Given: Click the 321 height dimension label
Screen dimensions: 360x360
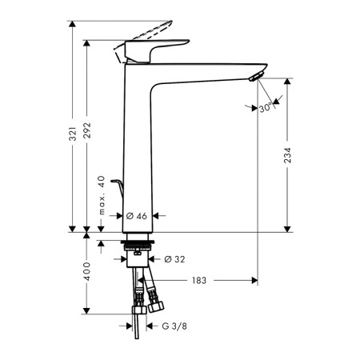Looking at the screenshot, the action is (73, 134).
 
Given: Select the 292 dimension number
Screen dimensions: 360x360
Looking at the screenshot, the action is (87, 130).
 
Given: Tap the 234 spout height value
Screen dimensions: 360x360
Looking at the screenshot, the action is (287, 155).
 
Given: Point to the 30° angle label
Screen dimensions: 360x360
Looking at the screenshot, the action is (266, 108).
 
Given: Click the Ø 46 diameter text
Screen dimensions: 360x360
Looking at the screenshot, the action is (137, 216).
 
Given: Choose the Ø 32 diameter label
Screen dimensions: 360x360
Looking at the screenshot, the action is (174, 259).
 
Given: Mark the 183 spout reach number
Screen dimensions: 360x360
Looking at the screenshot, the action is (199, 280).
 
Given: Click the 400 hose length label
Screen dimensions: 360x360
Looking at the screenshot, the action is (87, 271).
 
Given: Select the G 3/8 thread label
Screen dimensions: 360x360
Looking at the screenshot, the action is (174, 326).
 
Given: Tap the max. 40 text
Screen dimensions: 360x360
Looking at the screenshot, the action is (102, 195).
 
